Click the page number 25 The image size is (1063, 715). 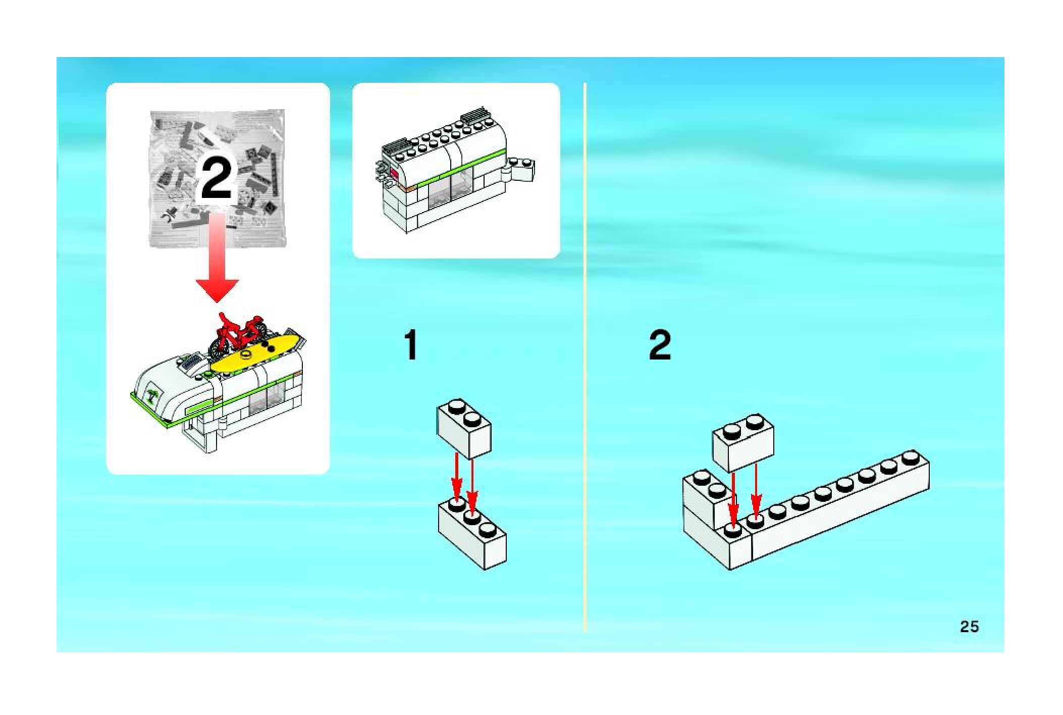coord(969,627)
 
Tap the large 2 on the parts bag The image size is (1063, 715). coord(217,178)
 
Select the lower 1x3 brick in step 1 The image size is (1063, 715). coord(472,535)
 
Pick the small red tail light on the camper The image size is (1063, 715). coord(394,174)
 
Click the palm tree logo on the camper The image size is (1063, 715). coord(152,396)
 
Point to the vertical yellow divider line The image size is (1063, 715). coord(585,353)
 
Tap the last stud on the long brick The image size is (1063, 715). coord(910,457)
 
